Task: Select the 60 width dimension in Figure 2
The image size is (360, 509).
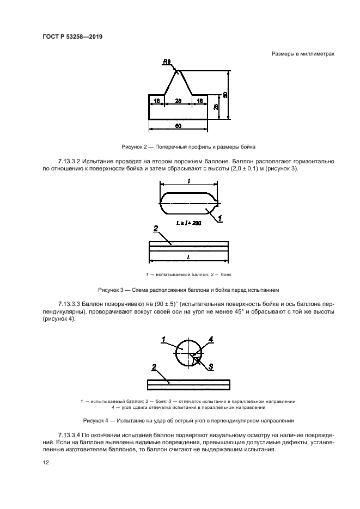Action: [178, 125]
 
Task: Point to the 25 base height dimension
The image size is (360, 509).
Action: [216, 107]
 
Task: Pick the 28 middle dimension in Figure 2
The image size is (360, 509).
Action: [178, 101]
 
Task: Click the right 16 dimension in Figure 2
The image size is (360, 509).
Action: [199, 101]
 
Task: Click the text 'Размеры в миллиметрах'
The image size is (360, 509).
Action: [302, 53]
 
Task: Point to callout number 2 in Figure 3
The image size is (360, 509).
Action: [156, 229]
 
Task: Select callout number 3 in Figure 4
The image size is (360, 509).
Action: [210, 365]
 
